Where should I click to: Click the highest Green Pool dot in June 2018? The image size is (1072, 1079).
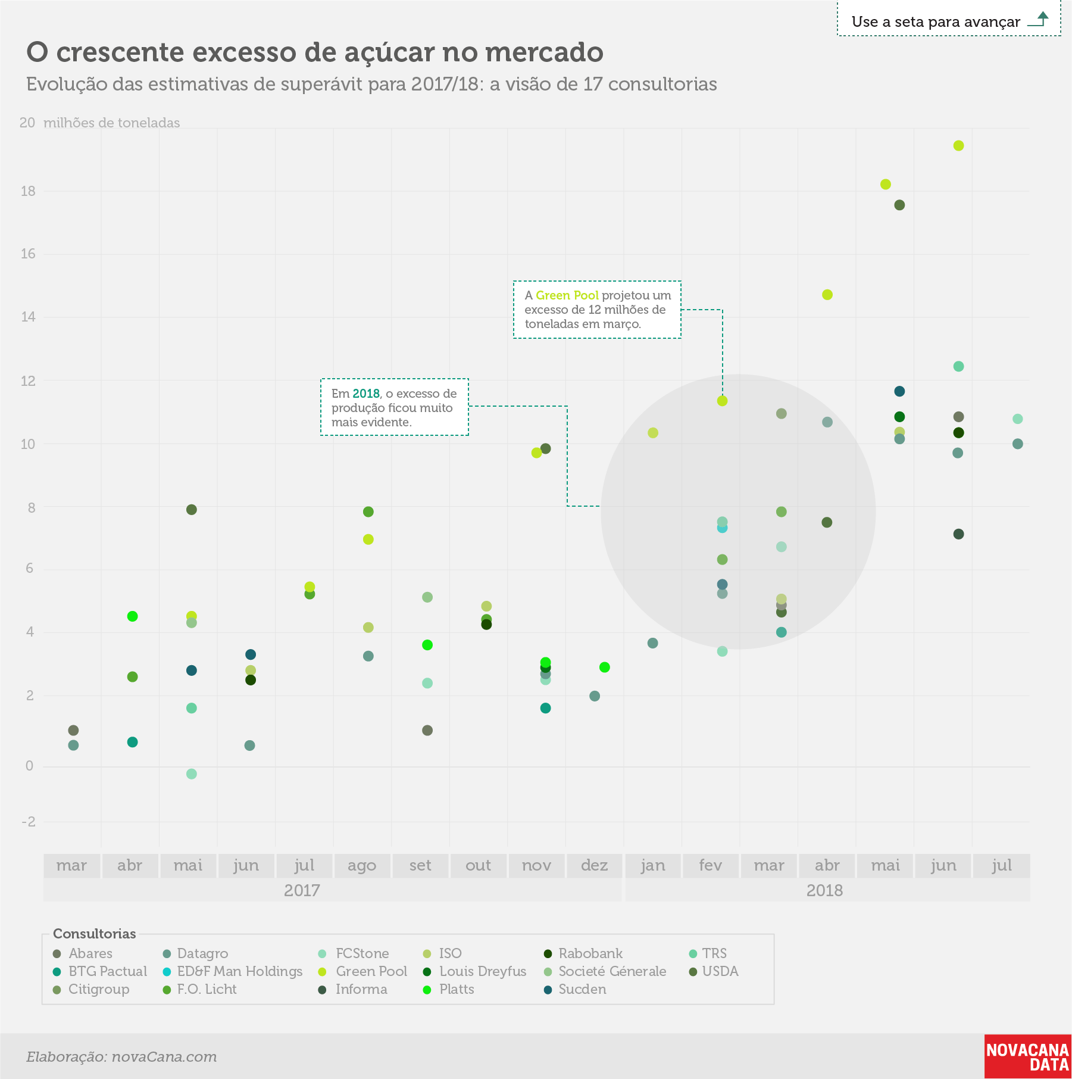[x=958, y=146]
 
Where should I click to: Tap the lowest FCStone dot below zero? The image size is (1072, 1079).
[x=191, y=774]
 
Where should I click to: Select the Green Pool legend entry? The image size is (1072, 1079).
[x=364, y=971]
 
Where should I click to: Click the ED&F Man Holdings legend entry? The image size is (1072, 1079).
[x=233, y=971]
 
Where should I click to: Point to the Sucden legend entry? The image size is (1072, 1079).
[x=575, y=989]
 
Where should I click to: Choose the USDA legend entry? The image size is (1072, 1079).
[x=714, y=971]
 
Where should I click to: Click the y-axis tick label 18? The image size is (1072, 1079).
[x=28, y=191]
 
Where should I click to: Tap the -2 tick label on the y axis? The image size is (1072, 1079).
[x=29, y=822]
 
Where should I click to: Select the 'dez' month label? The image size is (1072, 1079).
[x=594, y=865]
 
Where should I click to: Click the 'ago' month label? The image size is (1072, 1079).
[x=362, y=866]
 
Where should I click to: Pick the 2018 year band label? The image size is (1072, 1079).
[x=824, y=891]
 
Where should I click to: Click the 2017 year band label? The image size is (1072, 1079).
[x=302, y=891]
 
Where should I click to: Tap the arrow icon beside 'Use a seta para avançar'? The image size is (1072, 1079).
[x=1039, y=19]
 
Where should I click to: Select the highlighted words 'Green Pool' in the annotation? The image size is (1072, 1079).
[x=567, y=295]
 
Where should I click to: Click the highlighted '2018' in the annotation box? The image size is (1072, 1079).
[x=366, y=394]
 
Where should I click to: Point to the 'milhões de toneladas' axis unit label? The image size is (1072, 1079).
[x=112, y=123]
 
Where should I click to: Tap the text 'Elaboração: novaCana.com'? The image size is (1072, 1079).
[x=121, y=1057]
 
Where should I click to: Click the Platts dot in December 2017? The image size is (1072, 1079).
[x=605, y=668]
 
